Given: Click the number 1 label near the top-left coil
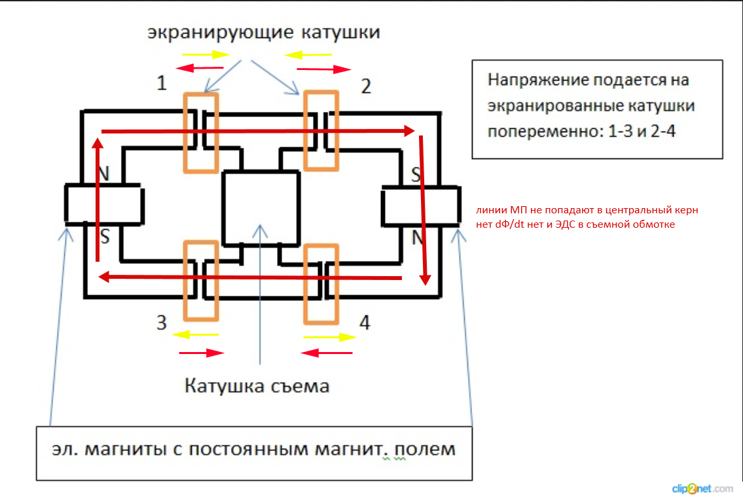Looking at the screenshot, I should tap(161, 83).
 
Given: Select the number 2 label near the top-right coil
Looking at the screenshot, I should tap(366, 86).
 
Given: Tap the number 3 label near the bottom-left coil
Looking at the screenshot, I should tap(161, 323).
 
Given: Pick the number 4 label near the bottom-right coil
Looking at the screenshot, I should tap(365, 323).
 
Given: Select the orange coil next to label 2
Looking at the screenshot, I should tap(321, 130).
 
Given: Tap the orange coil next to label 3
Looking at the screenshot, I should tap(201, 281).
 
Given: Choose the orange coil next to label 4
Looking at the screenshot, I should tap(321, 284).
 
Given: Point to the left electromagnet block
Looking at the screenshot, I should tap(103, 204).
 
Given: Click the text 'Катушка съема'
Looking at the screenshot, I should tap(257, 385).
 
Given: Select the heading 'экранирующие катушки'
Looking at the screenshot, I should tap(263, 32).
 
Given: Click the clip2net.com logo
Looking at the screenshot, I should tap(702, 488).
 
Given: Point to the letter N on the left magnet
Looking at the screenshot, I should tap(103, 173).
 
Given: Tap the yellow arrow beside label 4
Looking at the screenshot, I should tap(330, 338).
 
